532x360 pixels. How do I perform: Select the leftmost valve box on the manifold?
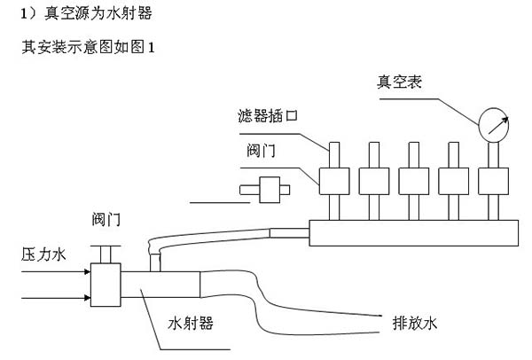point(334,181)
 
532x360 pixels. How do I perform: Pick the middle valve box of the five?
point(412,181)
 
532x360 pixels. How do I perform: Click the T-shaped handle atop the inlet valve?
point(107,254)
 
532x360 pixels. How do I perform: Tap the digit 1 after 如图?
point(152,47)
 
